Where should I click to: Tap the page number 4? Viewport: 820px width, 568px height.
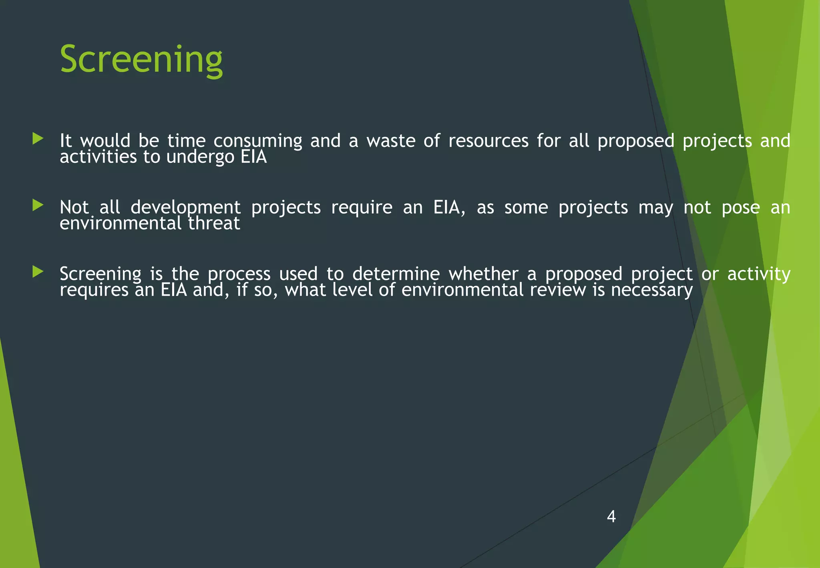(611, 516)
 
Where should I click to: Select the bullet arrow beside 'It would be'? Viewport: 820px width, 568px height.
(38, 139)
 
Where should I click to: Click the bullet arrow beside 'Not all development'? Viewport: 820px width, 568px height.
(38, 205)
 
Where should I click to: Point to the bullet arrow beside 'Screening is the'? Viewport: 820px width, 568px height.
(38, 272)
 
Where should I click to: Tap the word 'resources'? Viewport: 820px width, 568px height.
(488, 141)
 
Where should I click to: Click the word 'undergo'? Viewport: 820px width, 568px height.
(200, 157)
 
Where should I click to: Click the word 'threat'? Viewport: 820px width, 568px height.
(214, 224)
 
